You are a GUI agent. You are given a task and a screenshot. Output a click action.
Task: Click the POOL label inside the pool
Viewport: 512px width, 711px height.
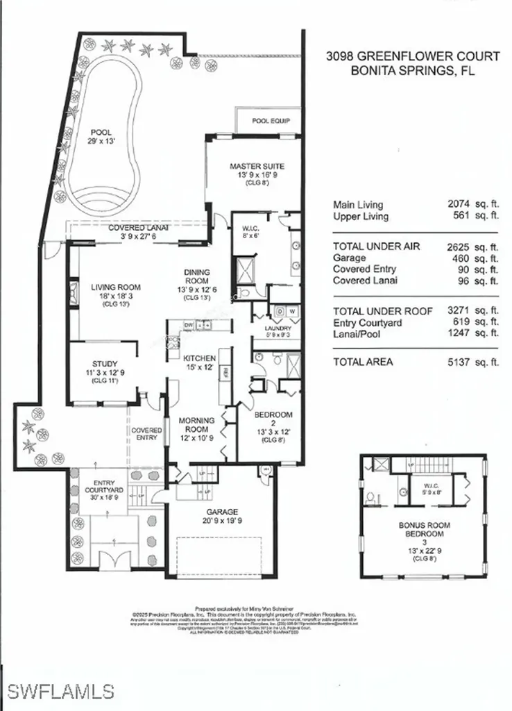pos(101,132)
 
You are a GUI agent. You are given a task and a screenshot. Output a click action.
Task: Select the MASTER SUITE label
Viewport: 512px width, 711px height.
pos(257,167)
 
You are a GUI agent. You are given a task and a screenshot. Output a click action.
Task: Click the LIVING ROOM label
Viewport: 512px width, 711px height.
pos(116,287)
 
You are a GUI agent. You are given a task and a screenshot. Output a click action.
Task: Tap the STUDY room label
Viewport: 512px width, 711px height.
pos(105,363)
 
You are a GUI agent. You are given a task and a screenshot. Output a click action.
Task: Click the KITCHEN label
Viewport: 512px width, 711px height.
pos(200,358)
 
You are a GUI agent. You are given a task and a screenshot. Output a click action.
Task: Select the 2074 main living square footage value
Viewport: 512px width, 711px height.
pos(462,205)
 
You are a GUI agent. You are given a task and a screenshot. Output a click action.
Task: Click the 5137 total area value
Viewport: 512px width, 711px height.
pos(462,362)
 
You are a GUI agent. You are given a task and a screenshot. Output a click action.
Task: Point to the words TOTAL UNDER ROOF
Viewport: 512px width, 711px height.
pos(377,311)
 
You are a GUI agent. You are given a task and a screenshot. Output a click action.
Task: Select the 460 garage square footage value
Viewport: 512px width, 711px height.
pos(465,258)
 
